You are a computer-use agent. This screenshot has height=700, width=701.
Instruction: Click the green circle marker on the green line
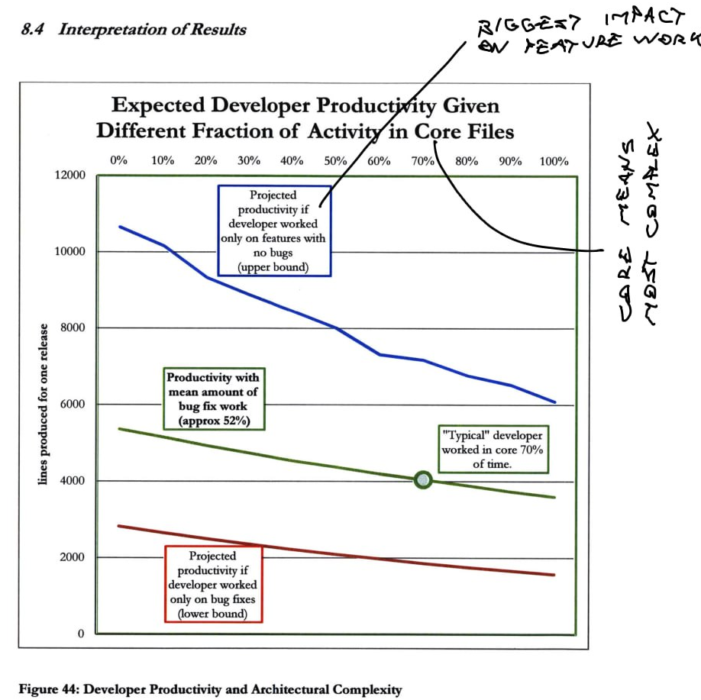click(423, 479)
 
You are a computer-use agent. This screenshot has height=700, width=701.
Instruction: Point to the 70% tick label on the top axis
click(423, 161)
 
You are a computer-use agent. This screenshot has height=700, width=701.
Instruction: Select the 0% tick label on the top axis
click(118, 161)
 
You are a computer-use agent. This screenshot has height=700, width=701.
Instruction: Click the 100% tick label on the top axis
click(554, 161)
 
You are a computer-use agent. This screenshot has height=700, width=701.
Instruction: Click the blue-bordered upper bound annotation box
click(274, 230)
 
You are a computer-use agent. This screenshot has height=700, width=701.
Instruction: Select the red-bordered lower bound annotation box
click(212, 585)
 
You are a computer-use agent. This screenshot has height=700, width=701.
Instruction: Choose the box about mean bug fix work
click(213, 398)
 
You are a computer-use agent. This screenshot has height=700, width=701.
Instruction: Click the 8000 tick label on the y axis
click(70, 328)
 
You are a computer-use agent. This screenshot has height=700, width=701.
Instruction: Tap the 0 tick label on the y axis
click(79, 634)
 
